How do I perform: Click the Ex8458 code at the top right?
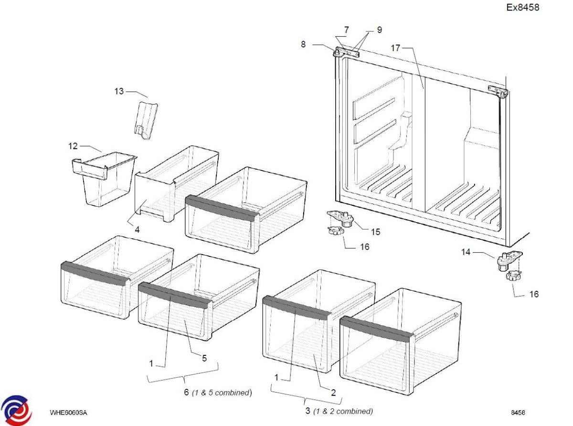(x=523, y=7)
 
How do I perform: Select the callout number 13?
(x=119, y=91)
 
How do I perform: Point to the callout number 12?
(x=73, y=145)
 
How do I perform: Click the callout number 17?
(x=395, y=48)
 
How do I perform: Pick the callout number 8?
(x=303, y=44)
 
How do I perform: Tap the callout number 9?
(x=379, y=30)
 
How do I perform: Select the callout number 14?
(x=466, y=251)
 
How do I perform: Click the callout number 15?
(x=376, y=232)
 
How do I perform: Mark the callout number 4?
(x=137, y=229)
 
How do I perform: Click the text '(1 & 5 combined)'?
(x=222, y=393)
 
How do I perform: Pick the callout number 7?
(x=346, y=30)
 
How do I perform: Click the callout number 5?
(x=204, y=358)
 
